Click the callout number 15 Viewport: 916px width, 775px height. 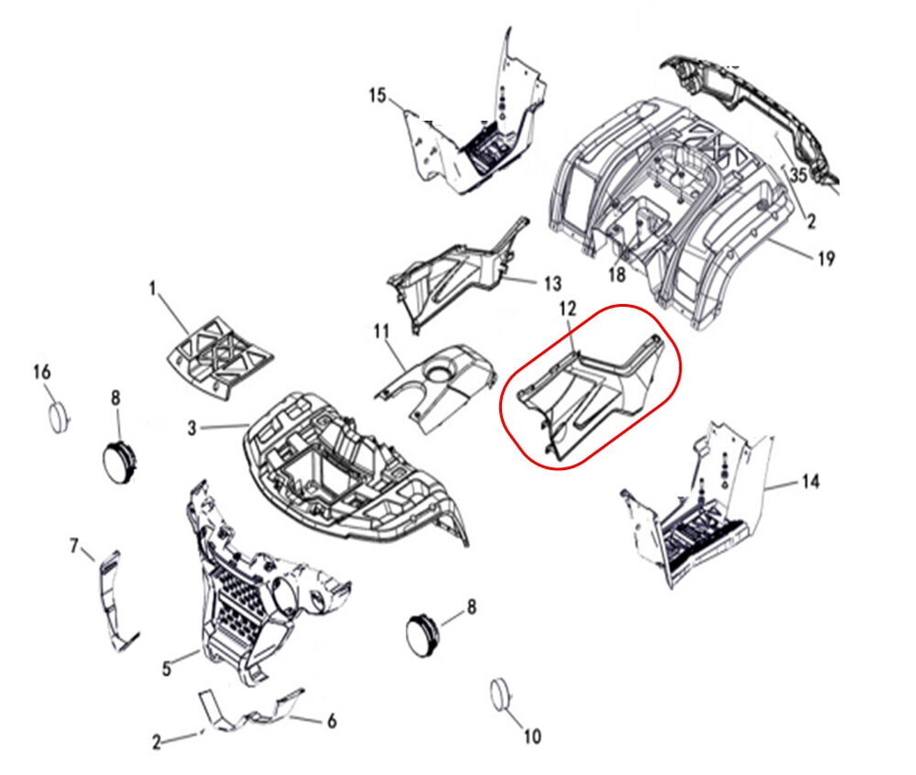coord(378,95)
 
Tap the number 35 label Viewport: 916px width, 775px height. coord(798,175)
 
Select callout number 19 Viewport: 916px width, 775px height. coord(826,258)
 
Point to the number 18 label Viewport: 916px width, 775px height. coord(616,274)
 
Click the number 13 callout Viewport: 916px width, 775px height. coord(552,284)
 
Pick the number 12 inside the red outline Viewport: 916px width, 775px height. coord(568,309)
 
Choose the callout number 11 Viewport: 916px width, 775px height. coord(381,333)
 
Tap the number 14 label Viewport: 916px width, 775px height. coord(811,482)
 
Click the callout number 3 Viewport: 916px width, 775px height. coord(192,428)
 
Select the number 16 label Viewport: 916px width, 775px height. coord(42,372)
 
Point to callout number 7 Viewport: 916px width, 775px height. coord(74,546)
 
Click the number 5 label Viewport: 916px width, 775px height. coord(167,668)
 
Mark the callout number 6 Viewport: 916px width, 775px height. coord(332,721)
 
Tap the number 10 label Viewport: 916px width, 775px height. coord(531,737)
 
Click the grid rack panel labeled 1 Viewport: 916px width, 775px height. coord(219,357)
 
